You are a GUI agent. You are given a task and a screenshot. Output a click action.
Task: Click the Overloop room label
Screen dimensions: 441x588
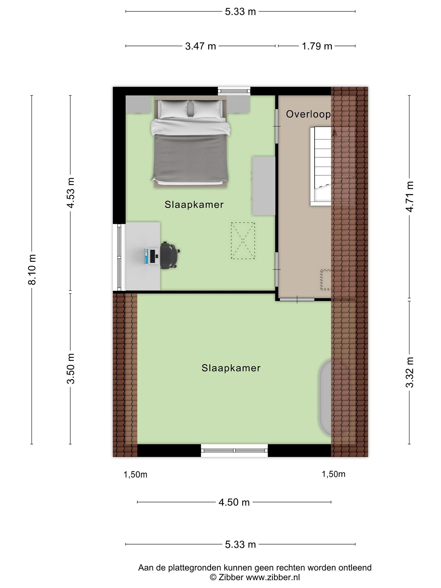point(308,114)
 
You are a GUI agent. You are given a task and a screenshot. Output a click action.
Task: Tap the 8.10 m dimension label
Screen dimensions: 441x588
point(32,269)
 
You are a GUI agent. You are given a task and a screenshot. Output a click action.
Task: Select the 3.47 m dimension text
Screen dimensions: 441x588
point(200,46)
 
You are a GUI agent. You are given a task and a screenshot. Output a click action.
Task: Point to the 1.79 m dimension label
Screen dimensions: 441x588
point(317,46)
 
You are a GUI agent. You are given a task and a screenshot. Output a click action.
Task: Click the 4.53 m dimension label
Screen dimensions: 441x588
point(71,193)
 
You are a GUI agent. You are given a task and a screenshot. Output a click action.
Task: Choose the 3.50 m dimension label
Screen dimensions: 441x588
point(71,369)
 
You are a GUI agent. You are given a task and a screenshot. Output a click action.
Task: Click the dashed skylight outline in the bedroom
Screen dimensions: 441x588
point(243,241)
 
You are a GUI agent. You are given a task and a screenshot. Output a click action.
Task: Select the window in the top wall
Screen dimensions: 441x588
point(234,91)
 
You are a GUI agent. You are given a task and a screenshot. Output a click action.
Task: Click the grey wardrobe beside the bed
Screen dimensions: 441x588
point(263,186)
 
